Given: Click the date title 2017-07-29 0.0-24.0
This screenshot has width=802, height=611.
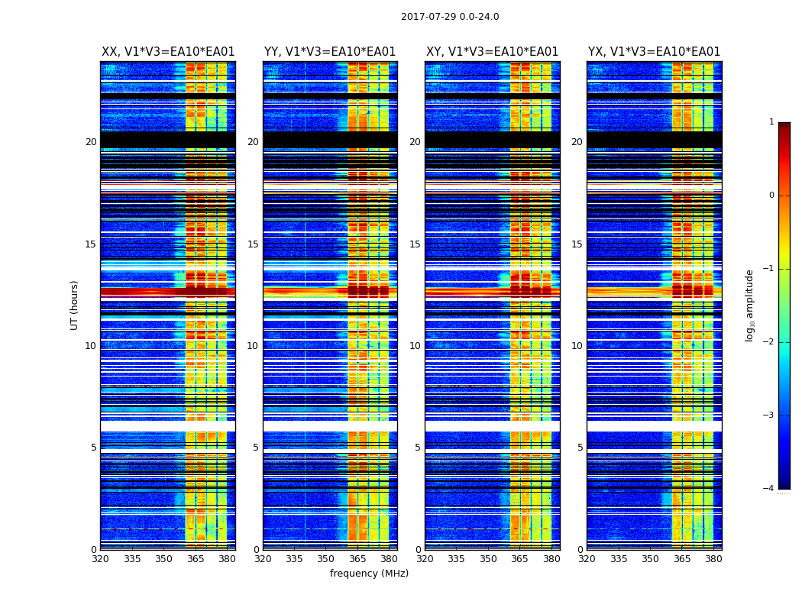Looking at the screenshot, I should coord(450,17).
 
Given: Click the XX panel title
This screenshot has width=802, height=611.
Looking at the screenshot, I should coord(168,52).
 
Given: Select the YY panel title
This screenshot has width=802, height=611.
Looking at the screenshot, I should coord(330,52).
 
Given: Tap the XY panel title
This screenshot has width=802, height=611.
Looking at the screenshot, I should coord(492,52).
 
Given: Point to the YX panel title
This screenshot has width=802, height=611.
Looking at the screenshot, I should coord(654,52).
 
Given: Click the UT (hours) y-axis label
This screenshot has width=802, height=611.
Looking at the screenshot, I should coord(75,305).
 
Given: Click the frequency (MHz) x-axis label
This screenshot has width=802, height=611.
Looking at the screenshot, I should coord(369,574).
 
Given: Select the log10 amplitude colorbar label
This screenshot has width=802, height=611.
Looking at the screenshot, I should coord(750,305).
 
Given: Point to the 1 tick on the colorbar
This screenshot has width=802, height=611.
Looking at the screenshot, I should coord(771,122).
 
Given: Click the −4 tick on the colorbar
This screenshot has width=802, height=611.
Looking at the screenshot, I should coord(769,489).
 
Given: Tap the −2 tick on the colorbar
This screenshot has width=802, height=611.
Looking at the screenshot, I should coord(769,342).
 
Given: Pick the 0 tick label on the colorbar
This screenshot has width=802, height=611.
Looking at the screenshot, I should coord(771,196).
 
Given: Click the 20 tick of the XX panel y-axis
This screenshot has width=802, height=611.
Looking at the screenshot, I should coord(91,142).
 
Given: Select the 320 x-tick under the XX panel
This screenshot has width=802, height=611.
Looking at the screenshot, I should coord(101,559).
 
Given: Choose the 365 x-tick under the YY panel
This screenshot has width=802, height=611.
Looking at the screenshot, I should coord(357,559).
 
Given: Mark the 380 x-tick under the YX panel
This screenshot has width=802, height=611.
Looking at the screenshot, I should coord(713,559).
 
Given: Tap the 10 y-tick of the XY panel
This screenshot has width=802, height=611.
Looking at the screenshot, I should coord(415,346).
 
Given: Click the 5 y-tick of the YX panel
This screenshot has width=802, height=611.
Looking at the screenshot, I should coord(580,448).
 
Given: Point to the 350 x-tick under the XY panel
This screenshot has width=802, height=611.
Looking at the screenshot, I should coord(488,559).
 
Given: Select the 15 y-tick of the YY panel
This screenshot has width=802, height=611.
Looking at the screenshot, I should coord(253,244).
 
